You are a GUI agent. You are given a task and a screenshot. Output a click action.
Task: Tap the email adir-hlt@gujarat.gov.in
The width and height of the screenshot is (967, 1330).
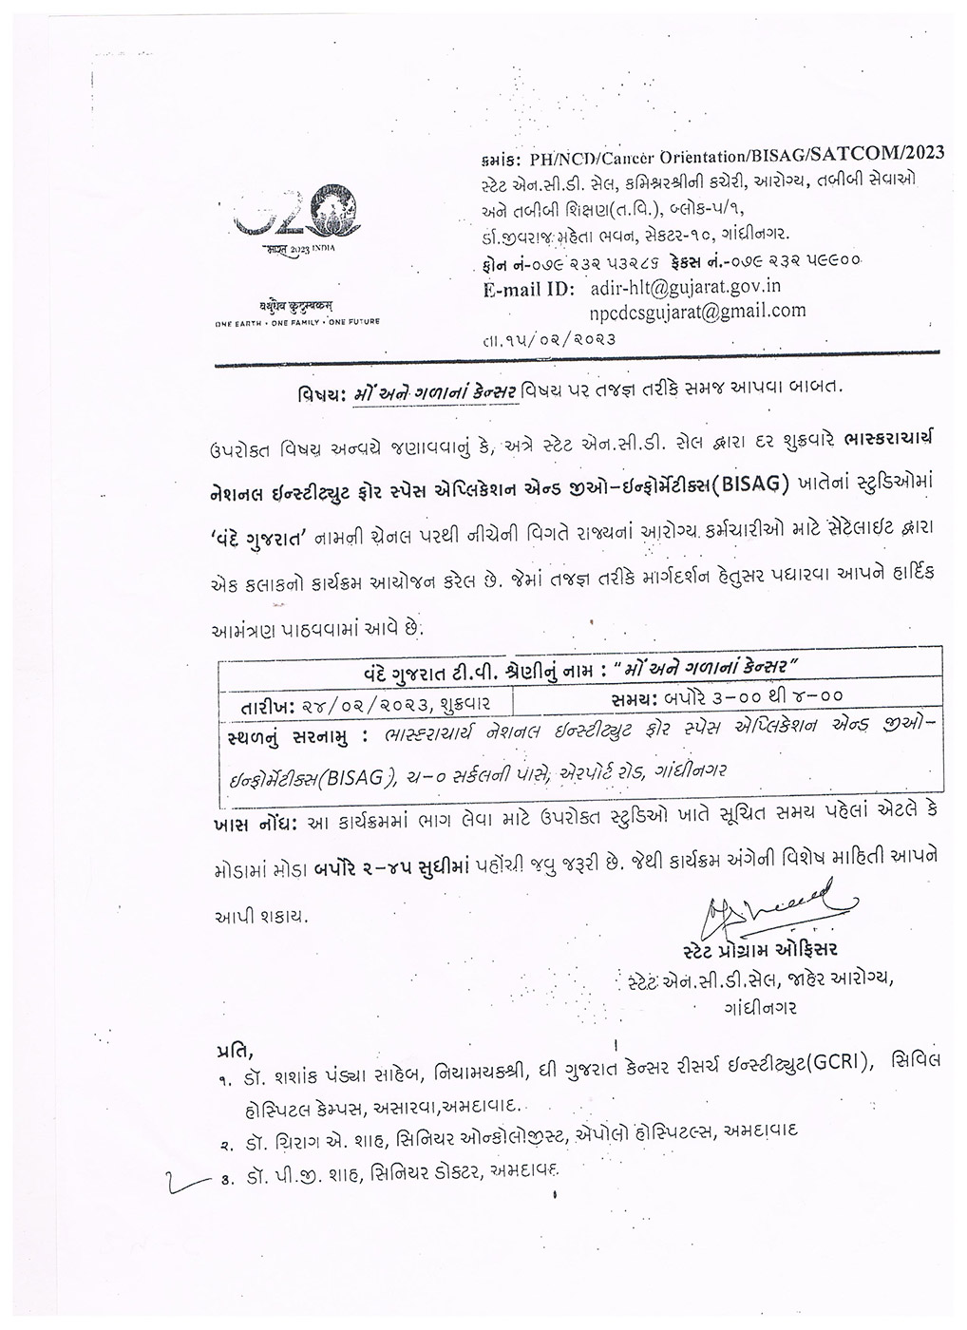pyautogui.click(x=676, y=286)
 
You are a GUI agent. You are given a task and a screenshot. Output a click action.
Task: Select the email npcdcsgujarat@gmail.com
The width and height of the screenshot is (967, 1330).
pyautogui.click(x=697, y=310)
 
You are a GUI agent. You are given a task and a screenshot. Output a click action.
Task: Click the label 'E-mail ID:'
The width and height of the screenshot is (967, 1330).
pyautogui.click(x=525, y=288)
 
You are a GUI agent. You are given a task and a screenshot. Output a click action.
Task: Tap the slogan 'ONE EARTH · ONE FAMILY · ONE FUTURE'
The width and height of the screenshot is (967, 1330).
pyautogui.click(x=296, y=322)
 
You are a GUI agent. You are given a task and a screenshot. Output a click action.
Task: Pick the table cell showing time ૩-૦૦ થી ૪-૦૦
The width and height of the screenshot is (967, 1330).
pyautogui.click(x=727, y=696)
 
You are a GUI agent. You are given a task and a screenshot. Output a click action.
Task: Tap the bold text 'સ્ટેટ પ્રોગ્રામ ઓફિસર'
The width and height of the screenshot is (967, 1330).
pyautogui.click(x=761, y=950)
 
